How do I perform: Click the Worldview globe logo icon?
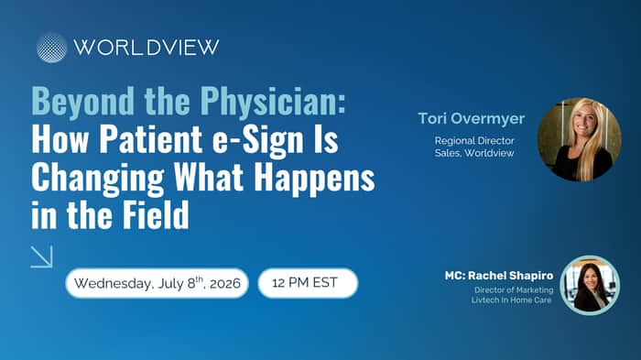click(51, 48)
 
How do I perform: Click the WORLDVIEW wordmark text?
click(147, 48)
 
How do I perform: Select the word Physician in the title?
click(273, 101)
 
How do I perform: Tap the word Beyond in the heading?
click(82, 101)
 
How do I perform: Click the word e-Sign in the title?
click(258, 138)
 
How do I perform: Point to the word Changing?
click(98, 178)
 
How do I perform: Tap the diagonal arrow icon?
click(42, 256)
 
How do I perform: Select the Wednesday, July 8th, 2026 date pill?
click(157, 283)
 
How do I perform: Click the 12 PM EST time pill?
click(308, 283)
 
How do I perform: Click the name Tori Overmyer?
click(471, 119)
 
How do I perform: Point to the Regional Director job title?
click(474, 141)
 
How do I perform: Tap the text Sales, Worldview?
click(474, 153)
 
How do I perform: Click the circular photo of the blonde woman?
click(580, 139)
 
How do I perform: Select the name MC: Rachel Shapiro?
click(499, 276)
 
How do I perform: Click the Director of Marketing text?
click(514, 290)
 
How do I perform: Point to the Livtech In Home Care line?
click(511, 300)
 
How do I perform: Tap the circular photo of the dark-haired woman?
click(590, 286)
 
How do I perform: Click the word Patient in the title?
click(151, 138)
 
